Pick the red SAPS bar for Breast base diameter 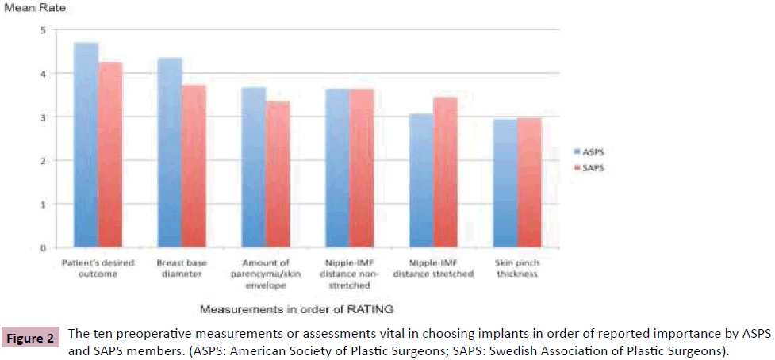[194, 167]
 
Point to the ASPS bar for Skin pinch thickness [505, 183]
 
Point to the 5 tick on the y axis [44, 30]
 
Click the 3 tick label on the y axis [44, 117]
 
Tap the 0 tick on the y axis [44, 247]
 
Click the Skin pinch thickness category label [516, 269]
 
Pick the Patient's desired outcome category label [97, 269]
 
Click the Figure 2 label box [30, 339]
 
